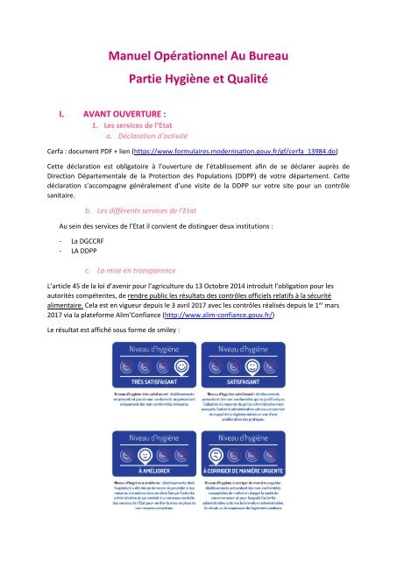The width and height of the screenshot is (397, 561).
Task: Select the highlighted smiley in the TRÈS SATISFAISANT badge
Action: (x=180, y=389)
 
